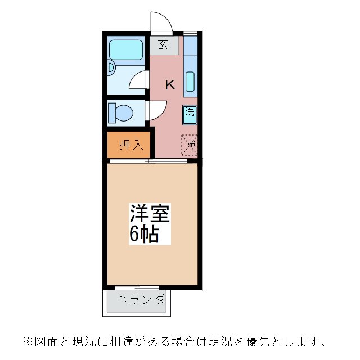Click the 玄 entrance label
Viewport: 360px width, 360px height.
164,45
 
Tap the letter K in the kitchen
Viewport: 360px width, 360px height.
169,85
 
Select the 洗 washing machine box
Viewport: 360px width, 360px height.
190,111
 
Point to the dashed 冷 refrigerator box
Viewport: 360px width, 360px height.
190,145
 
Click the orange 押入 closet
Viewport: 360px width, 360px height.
130,145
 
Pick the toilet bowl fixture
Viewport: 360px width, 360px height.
123,112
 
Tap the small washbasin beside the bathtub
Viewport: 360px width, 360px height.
111,69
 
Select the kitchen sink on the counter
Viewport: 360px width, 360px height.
190,82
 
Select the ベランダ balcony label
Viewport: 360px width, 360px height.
141,300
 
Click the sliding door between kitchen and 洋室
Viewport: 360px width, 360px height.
148,161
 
